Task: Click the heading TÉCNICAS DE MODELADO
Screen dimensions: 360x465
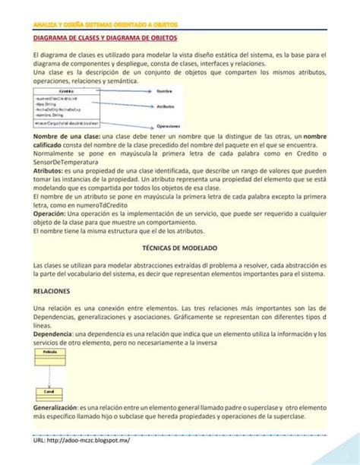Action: tap(180, 248)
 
